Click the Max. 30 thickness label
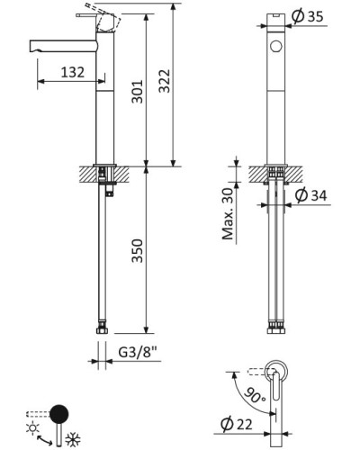coord(229,215)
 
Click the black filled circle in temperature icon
coord(58,415)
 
